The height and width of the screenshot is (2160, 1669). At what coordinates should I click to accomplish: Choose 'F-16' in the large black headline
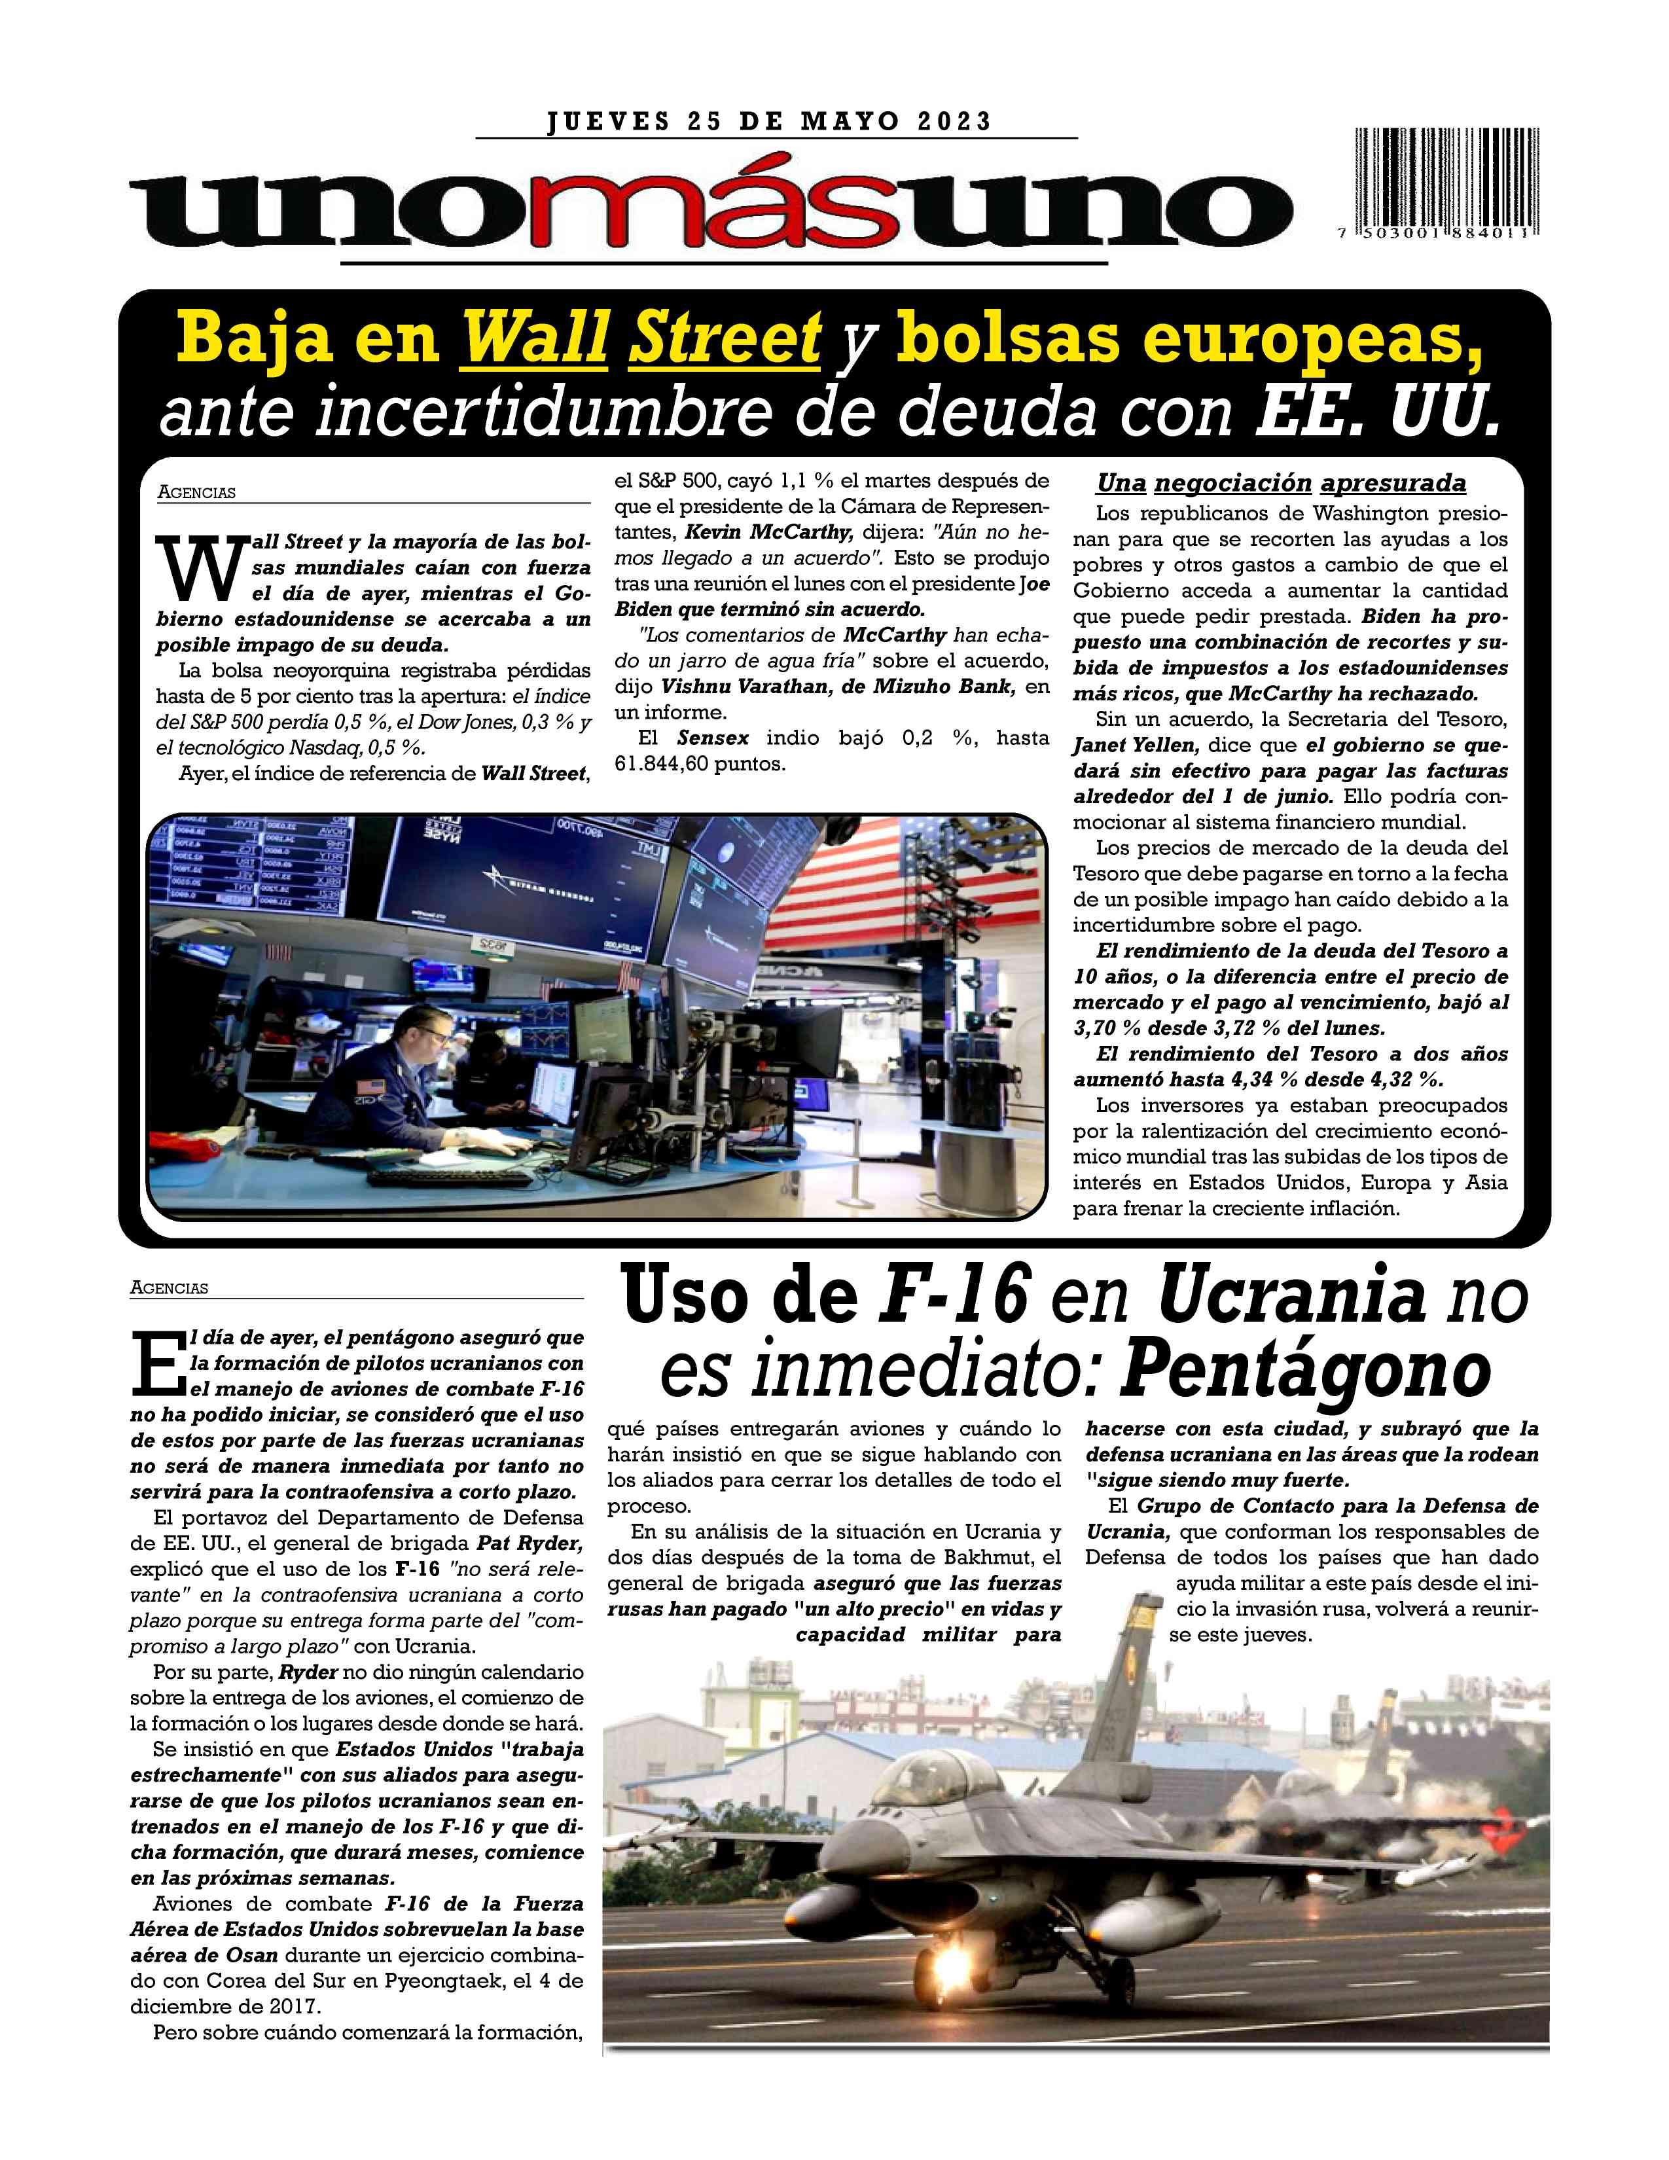pyautogui.click(x=951, y=1297)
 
